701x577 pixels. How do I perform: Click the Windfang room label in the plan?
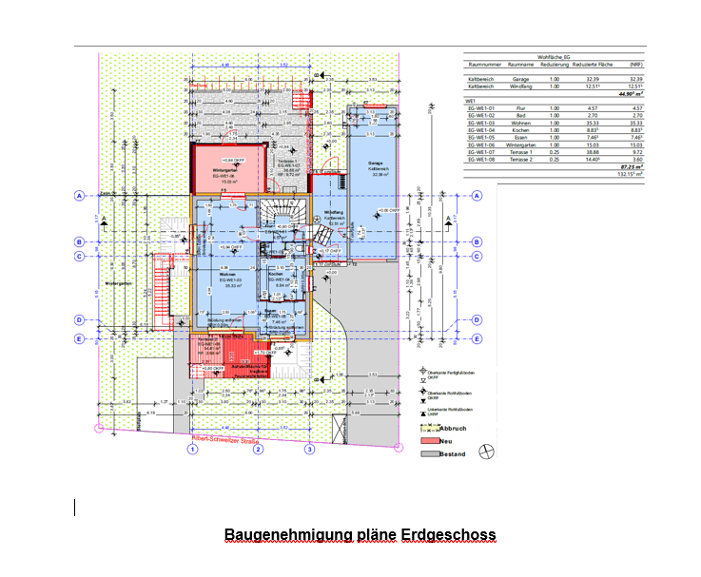tap(334, 211)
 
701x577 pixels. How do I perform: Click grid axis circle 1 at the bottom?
tap(192, 450)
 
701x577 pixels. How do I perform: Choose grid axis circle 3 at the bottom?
tap(309, 450)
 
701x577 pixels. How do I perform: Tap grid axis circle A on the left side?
tap(79, 196)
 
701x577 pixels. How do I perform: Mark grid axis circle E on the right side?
tap(477, 338)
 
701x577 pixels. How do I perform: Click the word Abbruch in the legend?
tap(455, 429)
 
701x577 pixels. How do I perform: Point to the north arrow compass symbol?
tap(488, 451)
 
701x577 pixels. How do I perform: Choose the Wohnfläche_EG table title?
tap(555, 58)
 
